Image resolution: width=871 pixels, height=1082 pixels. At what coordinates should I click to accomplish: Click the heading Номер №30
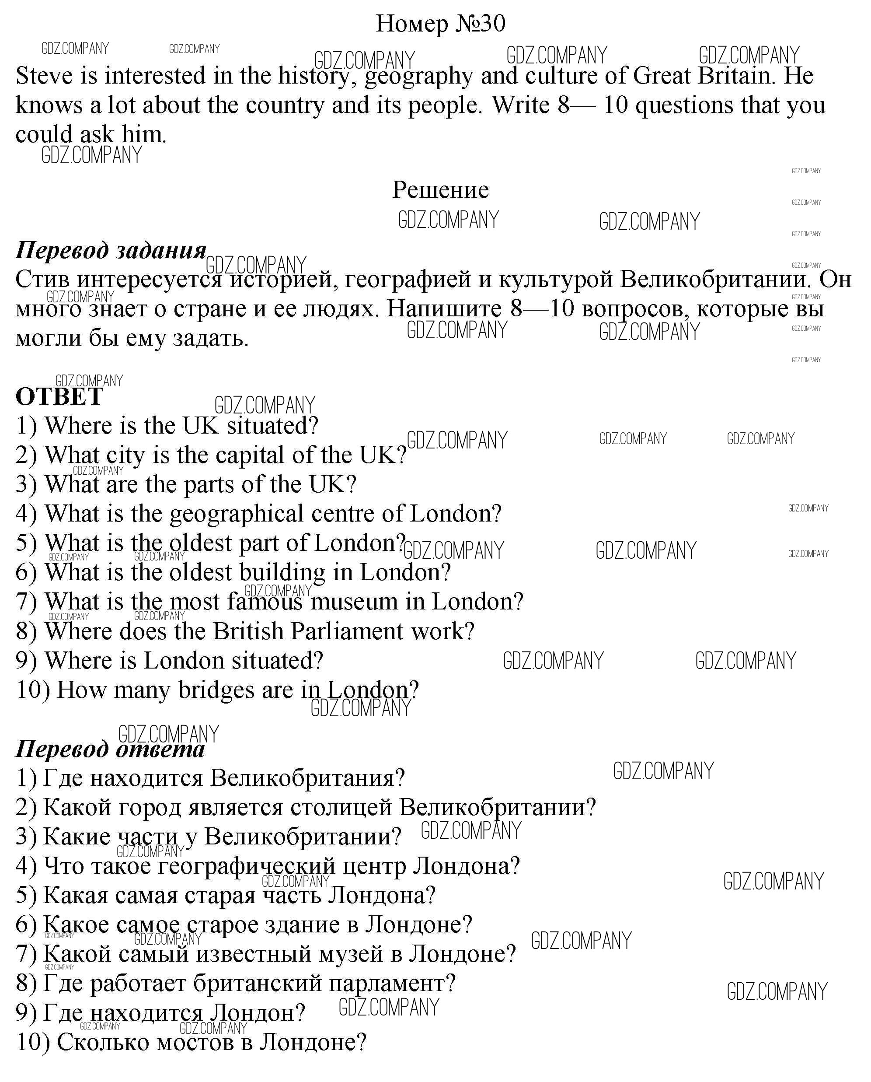click(x=440, y=24)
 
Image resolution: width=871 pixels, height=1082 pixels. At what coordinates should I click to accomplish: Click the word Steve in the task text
click(x=44, y=76)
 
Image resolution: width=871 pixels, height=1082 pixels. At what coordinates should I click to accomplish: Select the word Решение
click(x=440, y=190)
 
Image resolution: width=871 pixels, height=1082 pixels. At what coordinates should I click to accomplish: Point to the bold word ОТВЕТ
click(x=59, y=397)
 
